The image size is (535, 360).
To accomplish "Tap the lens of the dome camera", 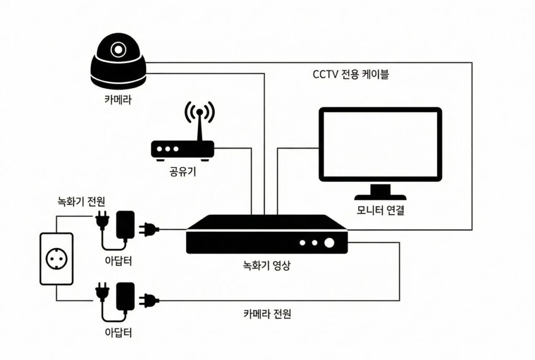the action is (x=118, y=50).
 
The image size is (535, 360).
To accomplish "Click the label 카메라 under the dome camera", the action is (x=118, y=100).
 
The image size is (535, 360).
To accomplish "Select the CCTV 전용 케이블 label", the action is (x=351, y=74).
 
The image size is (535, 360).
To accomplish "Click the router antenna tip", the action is (x=200, y=112).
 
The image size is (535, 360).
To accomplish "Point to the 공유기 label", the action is (x=183, y=171).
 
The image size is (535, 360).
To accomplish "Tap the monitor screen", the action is (x=380, y=144).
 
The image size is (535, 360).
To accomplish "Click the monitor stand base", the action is (x=380, y=197).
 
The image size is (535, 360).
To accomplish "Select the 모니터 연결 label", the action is (x=380, y=210).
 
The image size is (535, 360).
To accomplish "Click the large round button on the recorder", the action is (x=329, y=243).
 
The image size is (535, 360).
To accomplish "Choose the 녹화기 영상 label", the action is (x=266, y=265).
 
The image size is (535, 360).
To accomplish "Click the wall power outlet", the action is (x=56, y=259).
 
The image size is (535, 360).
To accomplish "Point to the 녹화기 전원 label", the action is (x=81, y=201).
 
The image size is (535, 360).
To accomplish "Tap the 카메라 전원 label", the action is (x=267, y=313).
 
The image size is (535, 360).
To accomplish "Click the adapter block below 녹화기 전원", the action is (x=125, y=225).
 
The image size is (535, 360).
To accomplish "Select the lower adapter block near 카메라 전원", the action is (x=125, y=296).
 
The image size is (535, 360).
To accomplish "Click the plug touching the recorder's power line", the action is (x=148, y=229).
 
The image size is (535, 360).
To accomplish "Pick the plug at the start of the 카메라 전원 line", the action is (x=148, y=300).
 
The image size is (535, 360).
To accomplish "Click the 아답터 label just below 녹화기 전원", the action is (x=118, y=261).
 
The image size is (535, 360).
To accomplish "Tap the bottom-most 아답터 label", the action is (x=118, y=332).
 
